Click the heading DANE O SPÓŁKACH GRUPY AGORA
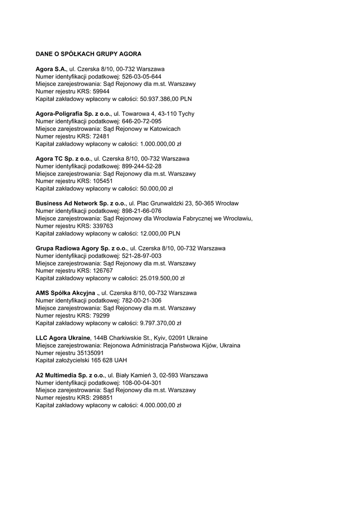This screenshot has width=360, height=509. tap(89, 54)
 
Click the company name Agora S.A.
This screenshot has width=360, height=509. tap(51, 69)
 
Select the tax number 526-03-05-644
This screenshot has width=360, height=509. tap(141, 77)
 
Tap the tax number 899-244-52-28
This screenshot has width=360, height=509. tap(141, 166)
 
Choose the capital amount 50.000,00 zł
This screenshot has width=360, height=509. tap(156, 188)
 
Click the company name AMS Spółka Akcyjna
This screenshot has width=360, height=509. tap(65, 293)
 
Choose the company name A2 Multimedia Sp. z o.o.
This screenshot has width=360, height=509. tap(70, 375)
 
